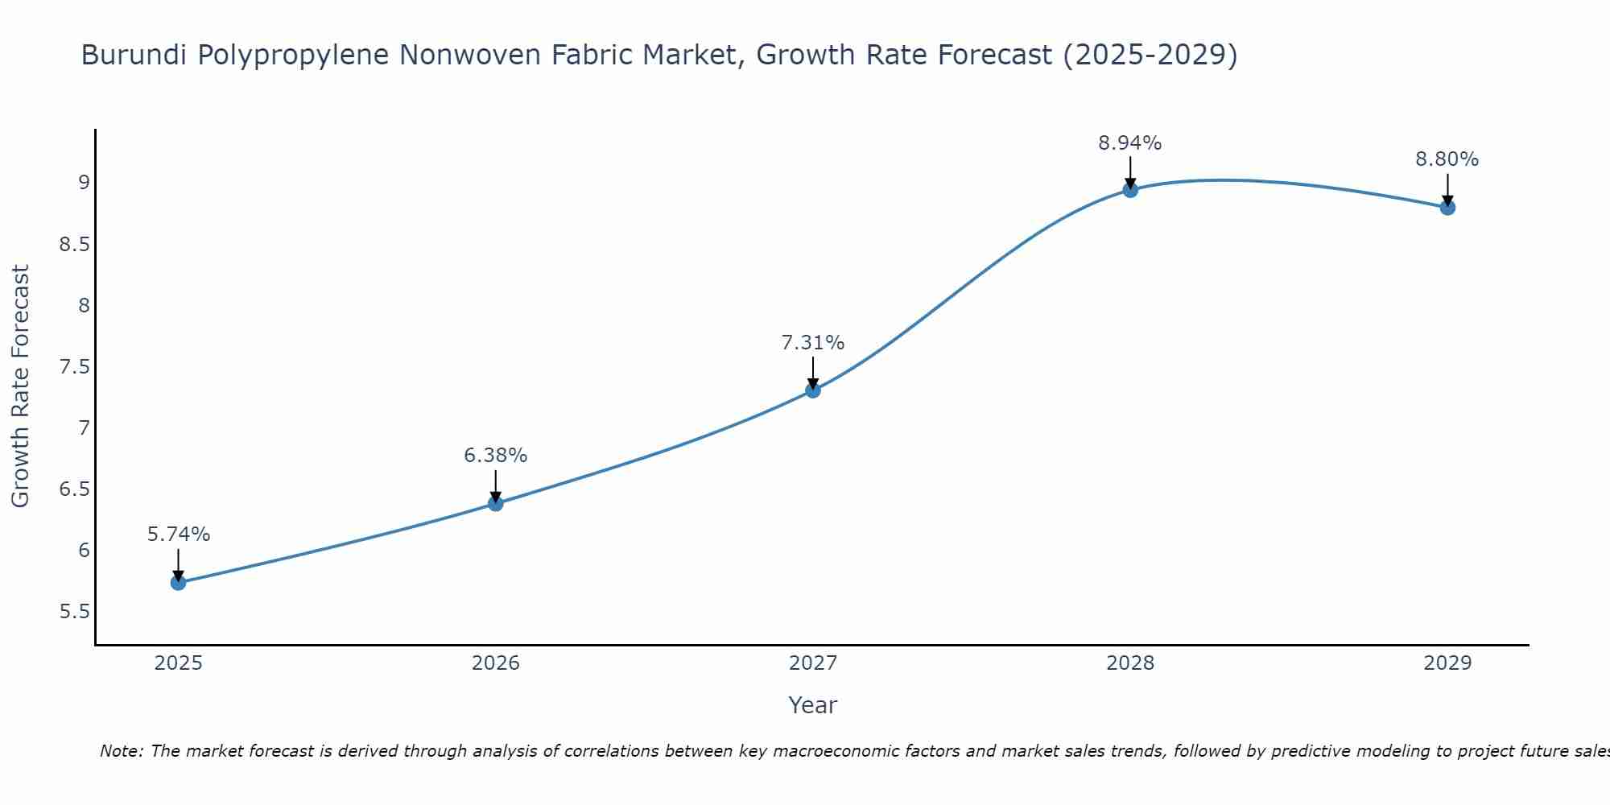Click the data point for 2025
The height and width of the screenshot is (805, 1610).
coord(179,582)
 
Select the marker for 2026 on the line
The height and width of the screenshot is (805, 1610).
coord(496,503)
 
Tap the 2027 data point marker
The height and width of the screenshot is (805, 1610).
coord(813,390)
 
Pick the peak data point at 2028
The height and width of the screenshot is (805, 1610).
coord(1130,190)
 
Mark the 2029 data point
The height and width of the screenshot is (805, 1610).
coord(1447,207)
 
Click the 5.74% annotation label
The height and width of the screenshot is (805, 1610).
coord(179,535)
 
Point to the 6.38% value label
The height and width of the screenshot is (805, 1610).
coord(496,456)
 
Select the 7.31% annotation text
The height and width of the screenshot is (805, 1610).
coord(813,343)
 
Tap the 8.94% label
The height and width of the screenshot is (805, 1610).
coord(1130,143)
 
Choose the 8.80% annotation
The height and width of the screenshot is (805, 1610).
coord(1447,159)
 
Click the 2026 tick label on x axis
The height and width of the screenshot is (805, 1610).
coord(496,663)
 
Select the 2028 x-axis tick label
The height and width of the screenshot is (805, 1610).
coord(1130,663)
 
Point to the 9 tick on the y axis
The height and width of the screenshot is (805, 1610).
coord(84,183)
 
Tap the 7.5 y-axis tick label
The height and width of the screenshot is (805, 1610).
coord(74,367)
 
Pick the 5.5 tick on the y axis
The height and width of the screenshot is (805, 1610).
coord(74,612)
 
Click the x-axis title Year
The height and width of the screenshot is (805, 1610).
coord(813,705)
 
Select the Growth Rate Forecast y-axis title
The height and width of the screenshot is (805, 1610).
coord(21,386)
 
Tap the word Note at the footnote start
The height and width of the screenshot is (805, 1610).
coord(121,751)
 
